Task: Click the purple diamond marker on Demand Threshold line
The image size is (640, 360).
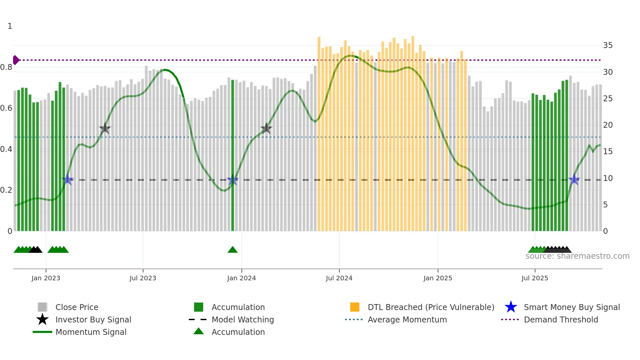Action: tap(16, 60)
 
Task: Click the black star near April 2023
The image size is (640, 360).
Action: tap(105, 129)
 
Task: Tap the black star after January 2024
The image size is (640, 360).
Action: tap(266, 128)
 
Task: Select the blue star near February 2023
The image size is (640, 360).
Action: tap(68, 180)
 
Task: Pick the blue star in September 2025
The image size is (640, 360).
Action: tap(574, 180)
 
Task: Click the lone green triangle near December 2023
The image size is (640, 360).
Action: tap(232, 250)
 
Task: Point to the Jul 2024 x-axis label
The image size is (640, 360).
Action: tap(339, 278)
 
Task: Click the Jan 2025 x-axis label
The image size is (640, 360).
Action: tap(438, 278)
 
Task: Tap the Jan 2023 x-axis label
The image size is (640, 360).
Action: tap(46, 278)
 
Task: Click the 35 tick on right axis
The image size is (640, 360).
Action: tap(608, 45)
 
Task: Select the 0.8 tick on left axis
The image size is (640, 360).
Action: tap(6, 67)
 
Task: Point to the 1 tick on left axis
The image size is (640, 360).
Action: tap(10, 26)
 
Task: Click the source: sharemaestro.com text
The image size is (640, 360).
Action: tap(577, 256)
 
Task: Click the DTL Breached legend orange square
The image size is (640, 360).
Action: tap(355, 307)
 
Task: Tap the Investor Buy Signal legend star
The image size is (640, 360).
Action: tap(42, 319)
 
